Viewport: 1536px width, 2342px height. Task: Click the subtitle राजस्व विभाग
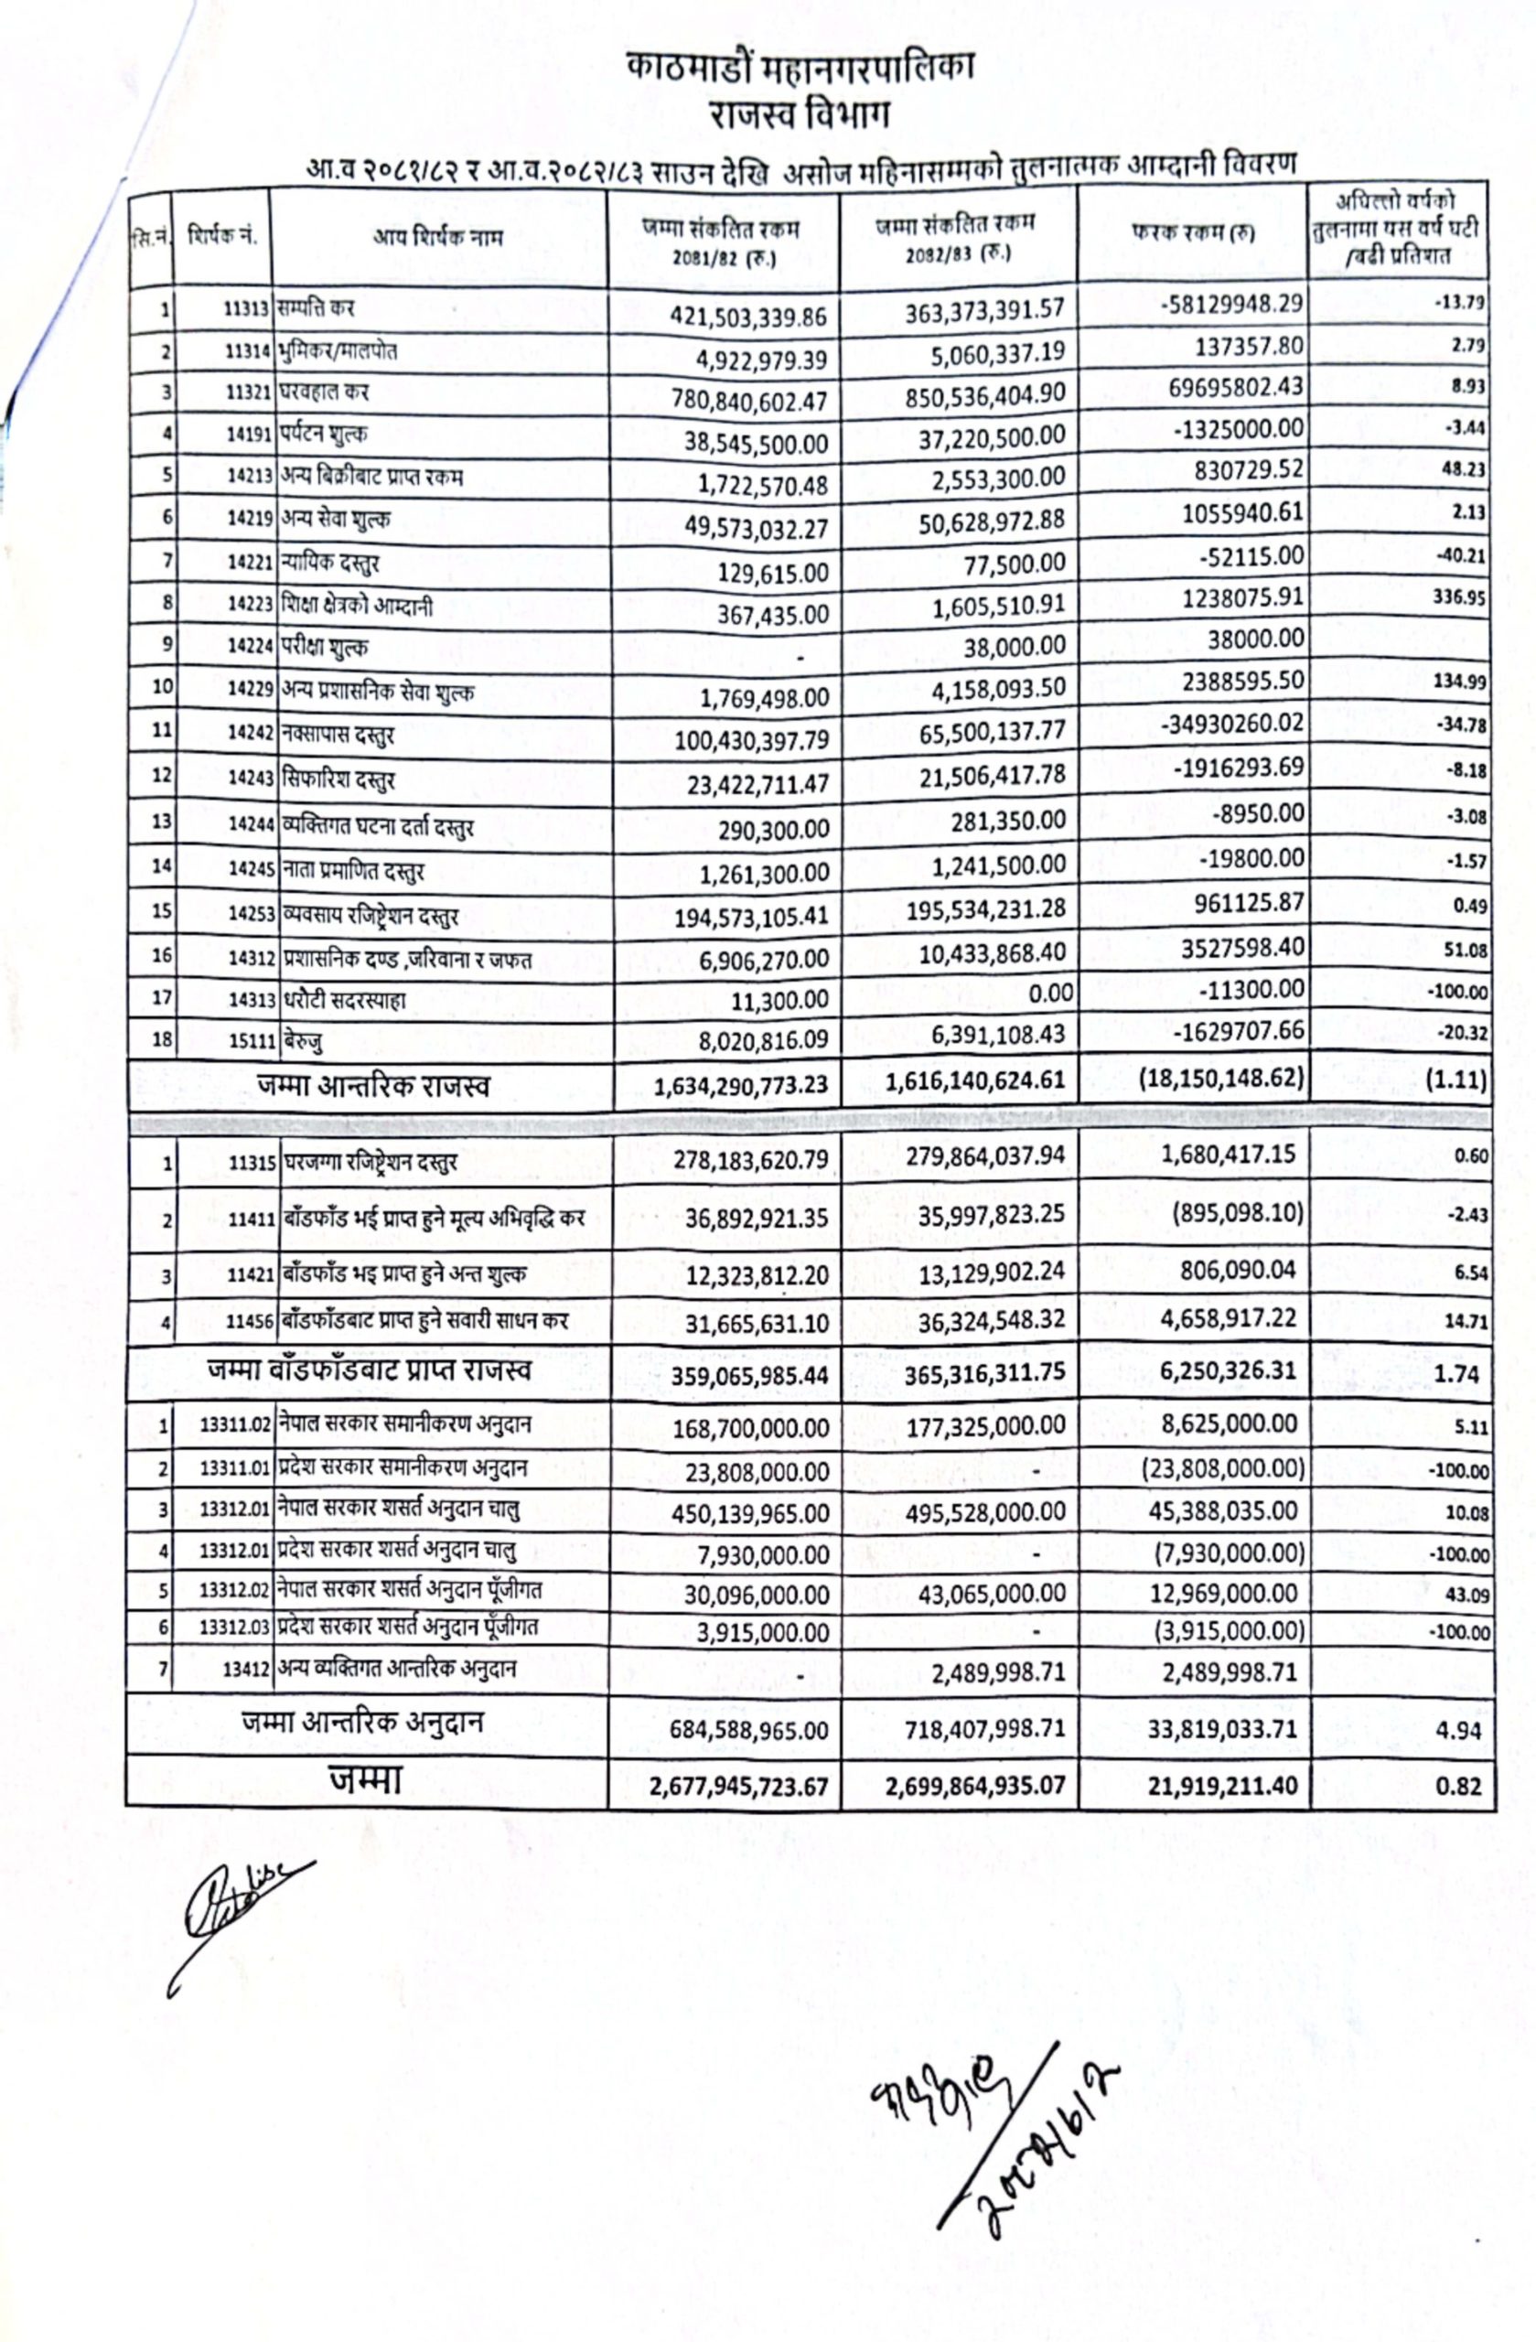799,115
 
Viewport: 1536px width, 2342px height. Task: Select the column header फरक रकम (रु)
1193,233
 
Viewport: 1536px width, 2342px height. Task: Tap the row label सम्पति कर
316,309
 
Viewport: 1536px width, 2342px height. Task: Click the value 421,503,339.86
749,317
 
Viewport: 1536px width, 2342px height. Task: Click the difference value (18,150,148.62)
1221,1079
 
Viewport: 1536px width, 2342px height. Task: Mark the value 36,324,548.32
992,1320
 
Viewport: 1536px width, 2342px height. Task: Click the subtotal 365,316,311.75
985,1374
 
